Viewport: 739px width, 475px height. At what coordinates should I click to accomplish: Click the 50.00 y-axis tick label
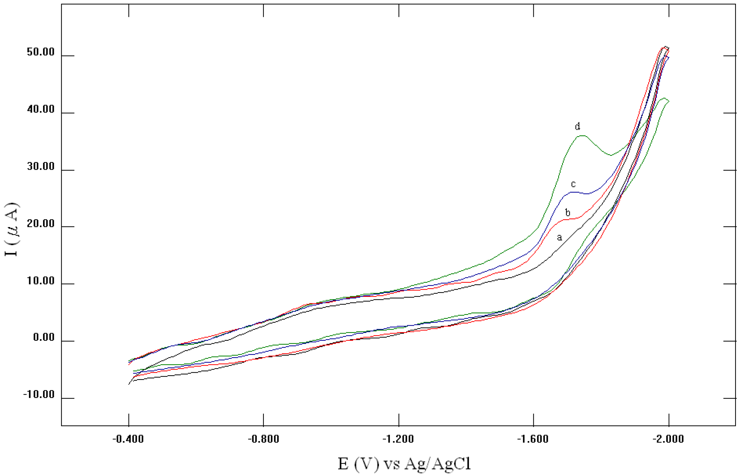pos(41,52)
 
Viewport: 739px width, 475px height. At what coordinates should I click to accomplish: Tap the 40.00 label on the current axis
pos(41,110)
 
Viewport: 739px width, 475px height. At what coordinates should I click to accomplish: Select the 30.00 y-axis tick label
pos(41,166)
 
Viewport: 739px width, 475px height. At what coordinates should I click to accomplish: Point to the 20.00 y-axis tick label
pos(41,224)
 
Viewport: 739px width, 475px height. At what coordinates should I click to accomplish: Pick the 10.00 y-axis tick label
pos(41,281)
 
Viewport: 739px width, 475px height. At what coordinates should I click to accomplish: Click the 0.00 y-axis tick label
pos(44,337)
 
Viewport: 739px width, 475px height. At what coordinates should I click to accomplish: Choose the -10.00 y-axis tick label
pos(39,394)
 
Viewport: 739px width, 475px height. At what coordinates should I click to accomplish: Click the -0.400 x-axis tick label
pos(128,439)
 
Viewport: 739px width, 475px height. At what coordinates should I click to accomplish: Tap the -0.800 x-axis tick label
pos(264,439)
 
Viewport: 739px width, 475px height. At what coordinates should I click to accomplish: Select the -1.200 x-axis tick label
pos(398,439)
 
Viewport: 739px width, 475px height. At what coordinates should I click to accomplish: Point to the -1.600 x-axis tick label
pos(533,439)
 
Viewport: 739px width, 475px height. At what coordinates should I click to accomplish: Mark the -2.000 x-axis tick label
pos(668,439)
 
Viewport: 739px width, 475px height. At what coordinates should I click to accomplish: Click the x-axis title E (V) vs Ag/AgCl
pos(404,464)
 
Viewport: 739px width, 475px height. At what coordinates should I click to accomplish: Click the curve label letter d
pos(578,126)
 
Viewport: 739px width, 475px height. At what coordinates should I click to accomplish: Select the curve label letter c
pos(573,184)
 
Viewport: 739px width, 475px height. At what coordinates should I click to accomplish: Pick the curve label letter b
pos(568,213)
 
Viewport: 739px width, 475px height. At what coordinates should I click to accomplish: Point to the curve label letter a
pos(559,237)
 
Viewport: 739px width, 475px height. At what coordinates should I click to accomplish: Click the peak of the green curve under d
pos(582,136)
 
